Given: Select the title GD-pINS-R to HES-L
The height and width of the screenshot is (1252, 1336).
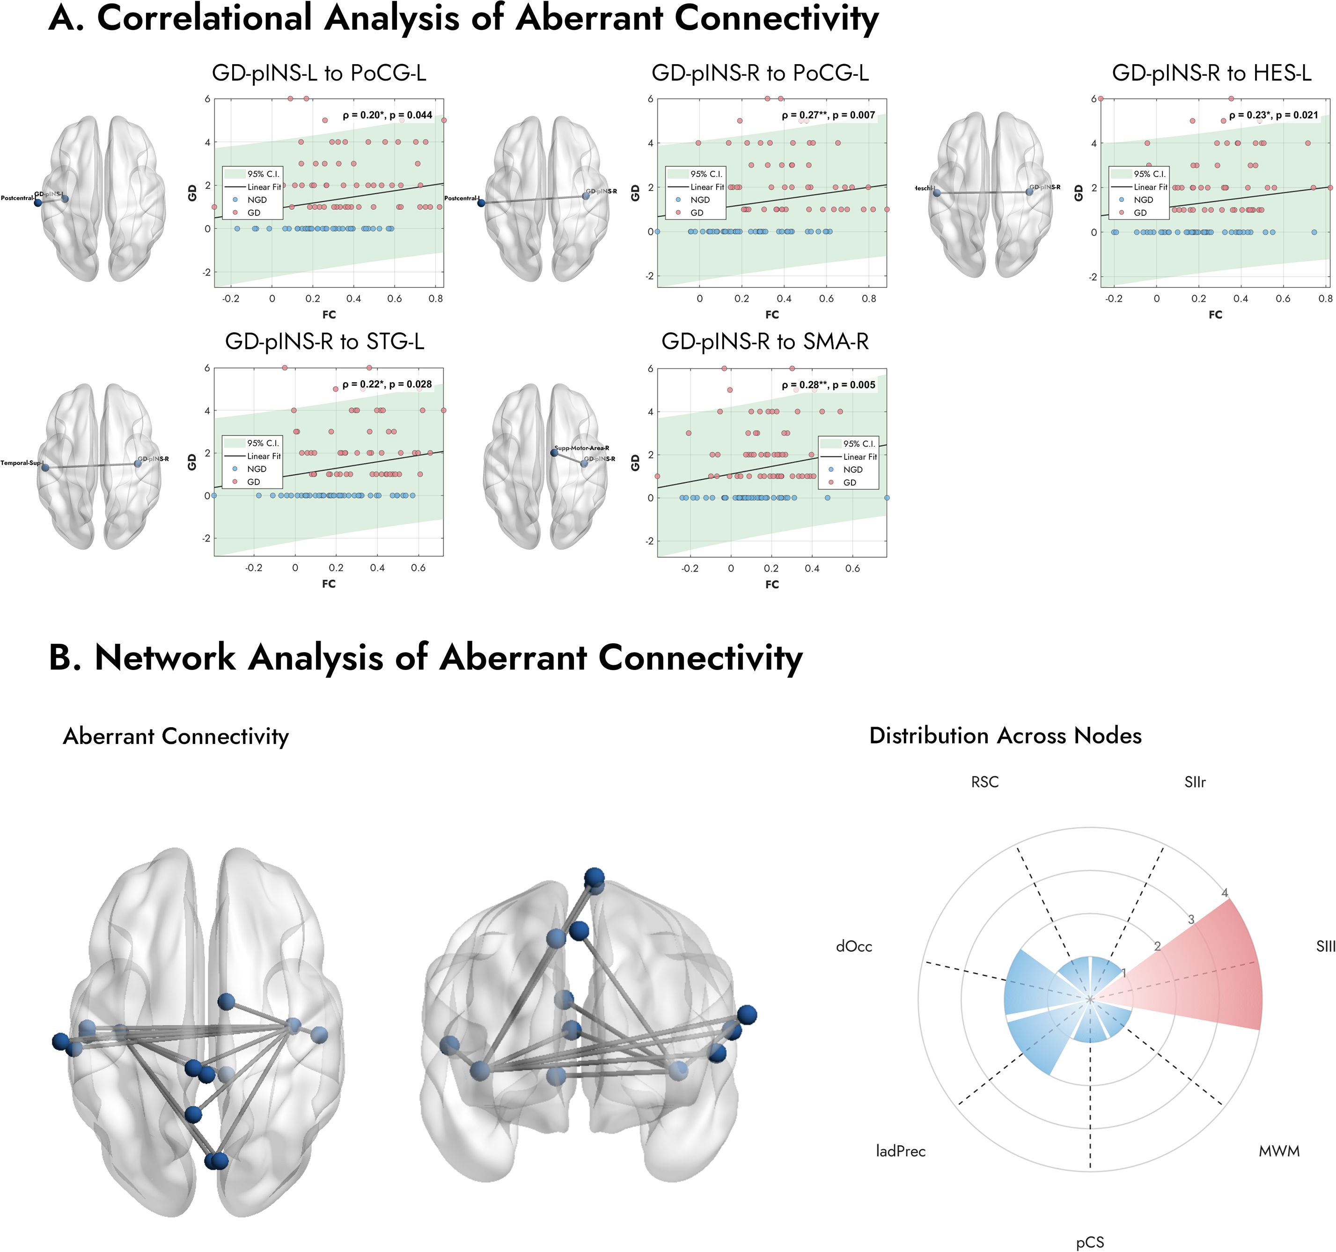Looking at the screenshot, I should tap(1211, 73).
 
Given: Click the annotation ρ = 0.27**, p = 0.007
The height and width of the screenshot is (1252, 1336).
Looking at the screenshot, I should tap(828, 115).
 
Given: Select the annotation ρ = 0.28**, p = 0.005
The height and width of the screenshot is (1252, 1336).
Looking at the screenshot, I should tap(828, 385).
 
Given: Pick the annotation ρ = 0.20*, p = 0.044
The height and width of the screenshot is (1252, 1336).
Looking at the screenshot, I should tap(387, 115).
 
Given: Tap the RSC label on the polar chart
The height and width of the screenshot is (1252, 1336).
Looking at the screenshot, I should tap(984, 781).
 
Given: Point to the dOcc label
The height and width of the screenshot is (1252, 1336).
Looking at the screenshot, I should tap(853, 946).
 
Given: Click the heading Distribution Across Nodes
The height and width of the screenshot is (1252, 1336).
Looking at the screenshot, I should tap(1005, 735).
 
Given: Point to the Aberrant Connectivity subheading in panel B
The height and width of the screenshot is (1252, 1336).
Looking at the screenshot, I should tap(176, 736).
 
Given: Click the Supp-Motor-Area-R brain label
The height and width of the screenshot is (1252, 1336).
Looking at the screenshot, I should tap(581, 448).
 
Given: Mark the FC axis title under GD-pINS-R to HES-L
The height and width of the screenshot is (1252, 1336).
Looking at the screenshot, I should tap(1215, 315).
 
